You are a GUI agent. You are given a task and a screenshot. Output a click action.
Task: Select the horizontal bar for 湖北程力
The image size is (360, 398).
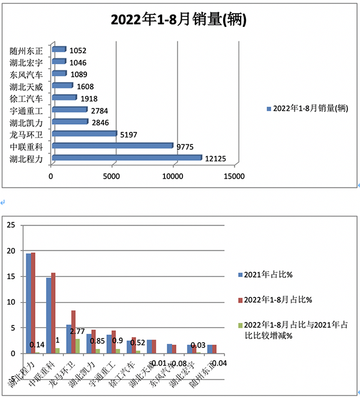tap(126, 158)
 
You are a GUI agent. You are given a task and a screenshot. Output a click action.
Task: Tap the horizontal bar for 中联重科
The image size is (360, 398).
tap(112, 146)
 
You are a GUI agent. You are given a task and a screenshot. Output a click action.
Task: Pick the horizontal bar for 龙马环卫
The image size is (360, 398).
tap(83, 134)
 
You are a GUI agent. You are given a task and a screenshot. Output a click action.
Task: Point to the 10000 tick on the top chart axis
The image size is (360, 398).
tap(173, 177)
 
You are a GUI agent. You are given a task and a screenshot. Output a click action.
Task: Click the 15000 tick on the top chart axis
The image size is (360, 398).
tap(233, 177)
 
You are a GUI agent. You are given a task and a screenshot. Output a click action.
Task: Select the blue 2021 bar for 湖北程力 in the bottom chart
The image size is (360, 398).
tap(28, 303)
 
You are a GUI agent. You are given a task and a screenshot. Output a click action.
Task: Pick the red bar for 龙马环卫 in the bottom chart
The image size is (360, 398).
tap(73, 332)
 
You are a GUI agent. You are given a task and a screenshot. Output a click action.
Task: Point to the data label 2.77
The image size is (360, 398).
tap(77, 331)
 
